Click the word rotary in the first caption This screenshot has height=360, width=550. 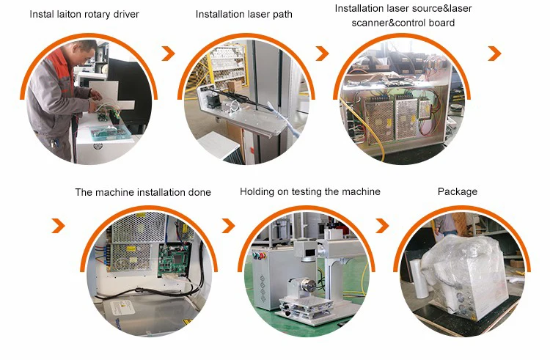[x=95, y=15]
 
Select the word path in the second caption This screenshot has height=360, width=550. [x=282, y=15]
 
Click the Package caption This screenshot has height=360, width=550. [x=458, y=192]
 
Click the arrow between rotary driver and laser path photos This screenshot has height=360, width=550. [x=169, y=54]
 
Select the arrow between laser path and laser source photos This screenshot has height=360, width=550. [x=323, y=54]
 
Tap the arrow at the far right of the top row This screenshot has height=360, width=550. [x=494, y=54]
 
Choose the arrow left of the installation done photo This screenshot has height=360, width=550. [x=59, y=225]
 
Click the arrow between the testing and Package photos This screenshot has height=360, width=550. [x=382, y=225]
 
